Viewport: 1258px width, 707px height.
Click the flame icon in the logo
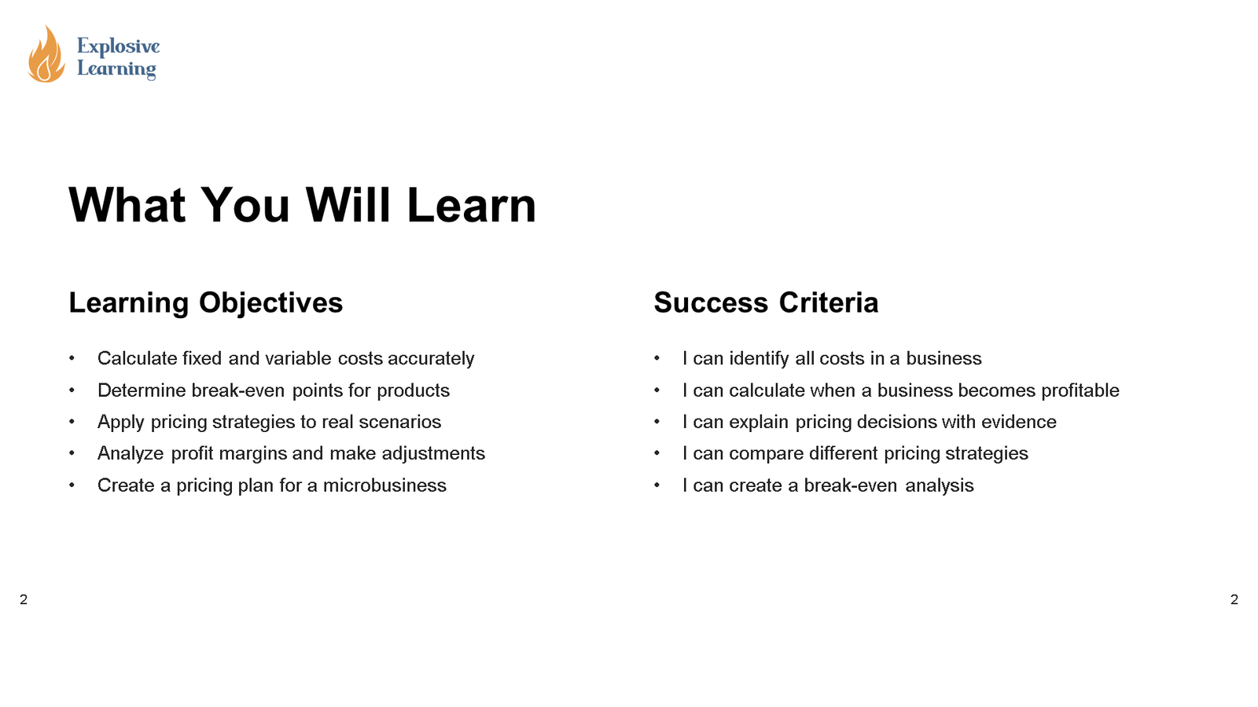[46, 55]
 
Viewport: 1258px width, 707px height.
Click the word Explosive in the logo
[118, 46]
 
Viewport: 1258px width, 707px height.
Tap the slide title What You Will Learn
[302, 206]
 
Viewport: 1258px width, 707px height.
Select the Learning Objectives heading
[205, 302]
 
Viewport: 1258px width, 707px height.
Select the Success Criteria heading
[766, 302]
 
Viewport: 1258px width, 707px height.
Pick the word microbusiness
[384, 485]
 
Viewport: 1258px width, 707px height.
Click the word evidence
[1018, 422]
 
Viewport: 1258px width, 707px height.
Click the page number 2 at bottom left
[24, 599]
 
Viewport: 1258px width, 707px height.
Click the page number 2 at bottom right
[1234, 599]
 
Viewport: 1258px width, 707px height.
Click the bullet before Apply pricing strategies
[72, 422]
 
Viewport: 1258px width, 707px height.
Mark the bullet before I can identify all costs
[657, 358]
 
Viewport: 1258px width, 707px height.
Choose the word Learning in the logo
[116, 69]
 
